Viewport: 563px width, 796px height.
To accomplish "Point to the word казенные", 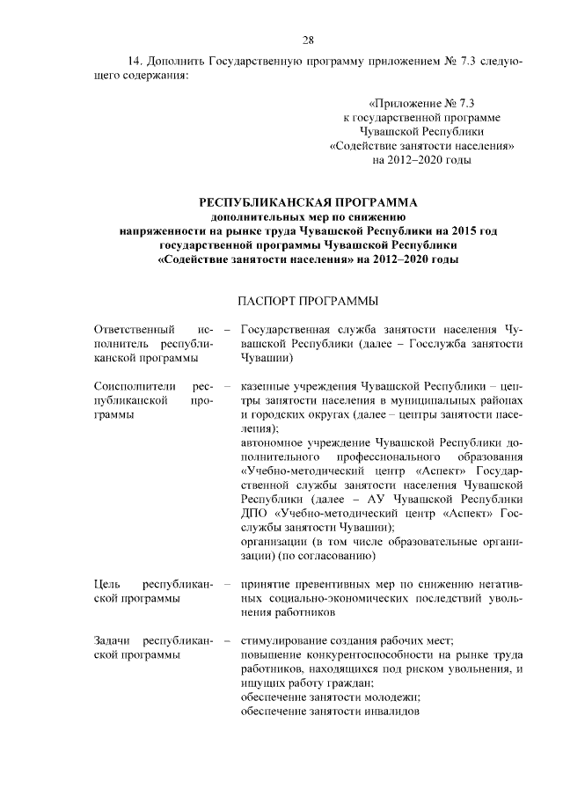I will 268,386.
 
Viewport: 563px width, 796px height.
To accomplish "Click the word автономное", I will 276,443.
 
